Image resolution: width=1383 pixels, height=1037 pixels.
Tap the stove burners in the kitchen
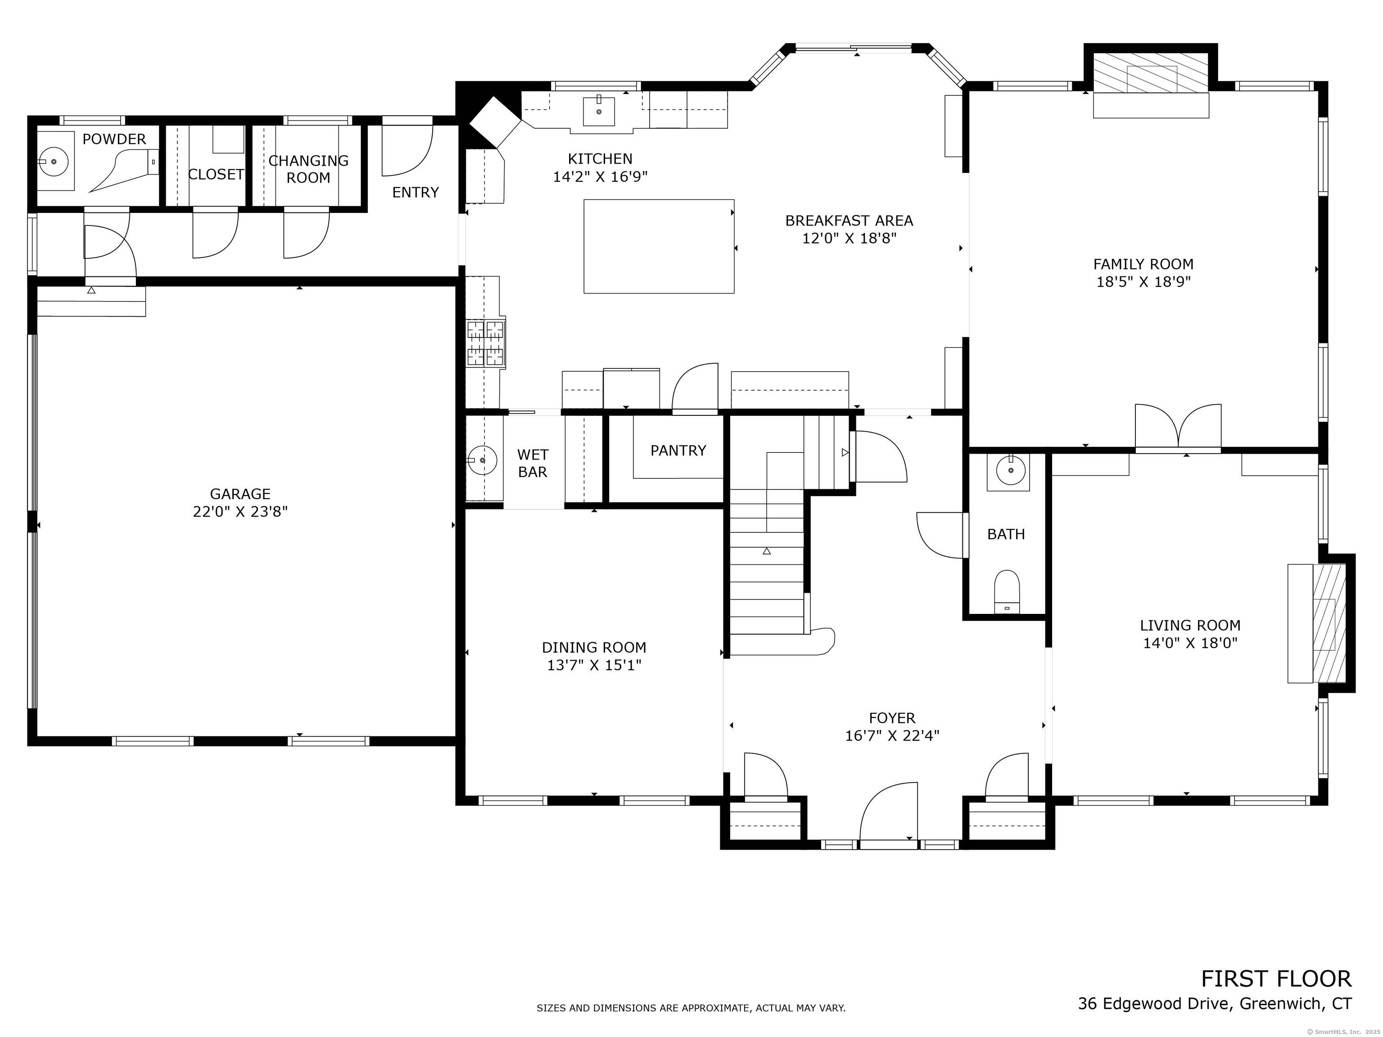tap(486, 343)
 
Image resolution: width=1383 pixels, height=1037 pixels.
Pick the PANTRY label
tap(678, 451)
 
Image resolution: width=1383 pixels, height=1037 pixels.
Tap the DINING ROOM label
tap(594, 648)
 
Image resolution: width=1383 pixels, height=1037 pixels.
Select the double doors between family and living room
tap(1178, 428)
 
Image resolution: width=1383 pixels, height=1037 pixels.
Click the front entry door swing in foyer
tap(888, 813)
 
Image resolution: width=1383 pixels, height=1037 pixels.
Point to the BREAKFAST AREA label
tap(849, 221)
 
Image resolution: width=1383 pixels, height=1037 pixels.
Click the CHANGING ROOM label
tap(308, 169)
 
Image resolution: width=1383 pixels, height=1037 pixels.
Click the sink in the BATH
tap(1008, 472)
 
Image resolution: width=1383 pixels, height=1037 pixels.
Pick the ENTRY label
tap(416, 193)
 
